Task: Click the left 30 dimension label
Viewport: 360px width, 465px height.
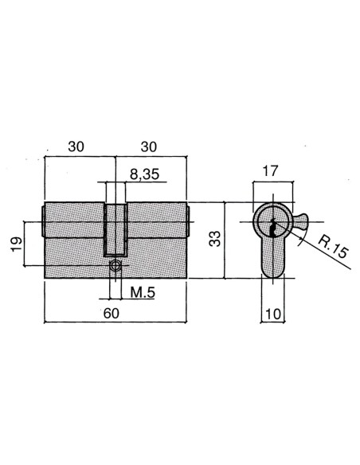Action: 76,147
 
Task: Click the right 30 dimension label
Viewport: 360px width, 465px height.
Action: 149,147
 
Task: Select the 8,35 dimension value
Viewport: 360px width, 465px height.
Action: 144,174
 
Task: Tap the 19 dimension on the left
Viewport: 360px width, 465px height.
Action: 17,244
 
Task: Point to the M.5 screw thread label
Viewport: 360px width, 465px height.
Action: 143,293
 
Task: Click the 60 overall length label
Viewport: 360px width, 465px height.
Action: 112,313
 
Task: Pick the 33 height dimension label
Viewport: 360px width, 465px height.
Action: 215,239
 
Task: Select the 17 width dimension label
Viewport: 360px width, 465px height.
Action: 270,171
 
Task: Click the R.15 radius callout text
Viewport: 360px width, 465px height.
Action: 332,248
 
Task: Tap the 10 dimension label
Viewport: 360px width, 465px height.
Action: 273,314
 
